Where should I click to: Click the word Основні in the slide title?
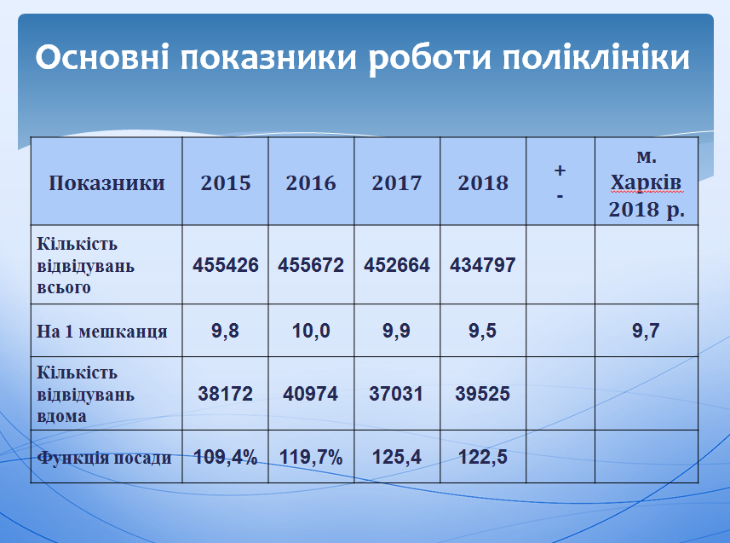(x=102, y=57)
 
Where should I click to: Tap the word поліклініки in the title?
(x=596, y=57)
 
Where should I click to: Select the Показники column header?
(x=106, y=182)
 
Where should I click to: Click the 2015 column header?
(x=226, y=182)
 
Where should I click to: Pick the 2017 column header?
(x=397, y=182)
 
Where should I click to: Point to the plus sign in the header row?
(x=560, y=170)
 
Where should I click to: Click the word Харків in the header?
(x=646, y=182)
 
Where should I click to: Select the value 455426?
(x=226, y=265)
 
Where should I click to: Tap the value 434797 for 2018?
(x=483, y=265)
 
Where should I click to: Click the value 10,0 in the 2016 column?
(x=311, y=331)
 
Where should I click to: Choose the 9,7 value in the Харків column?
(x=646, y=331)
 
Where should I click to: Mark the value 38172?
(x=226, y=394)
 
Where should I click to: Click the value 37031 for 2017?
(x=396, y=394)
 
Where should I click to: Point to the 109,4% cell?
(x=226, y=457)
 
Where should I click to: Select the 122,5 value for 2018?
(x=483, y=457)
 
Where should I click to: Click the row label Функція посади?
(x=104, y=458)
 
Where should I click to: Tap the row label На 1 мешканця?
(x=102, y=332)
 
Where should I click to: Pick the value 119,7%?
(x=311, y=457)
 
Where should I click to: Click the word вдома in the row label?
(x=61, y=416)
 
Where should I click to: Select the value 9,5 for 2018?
(x=482, y=331)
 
